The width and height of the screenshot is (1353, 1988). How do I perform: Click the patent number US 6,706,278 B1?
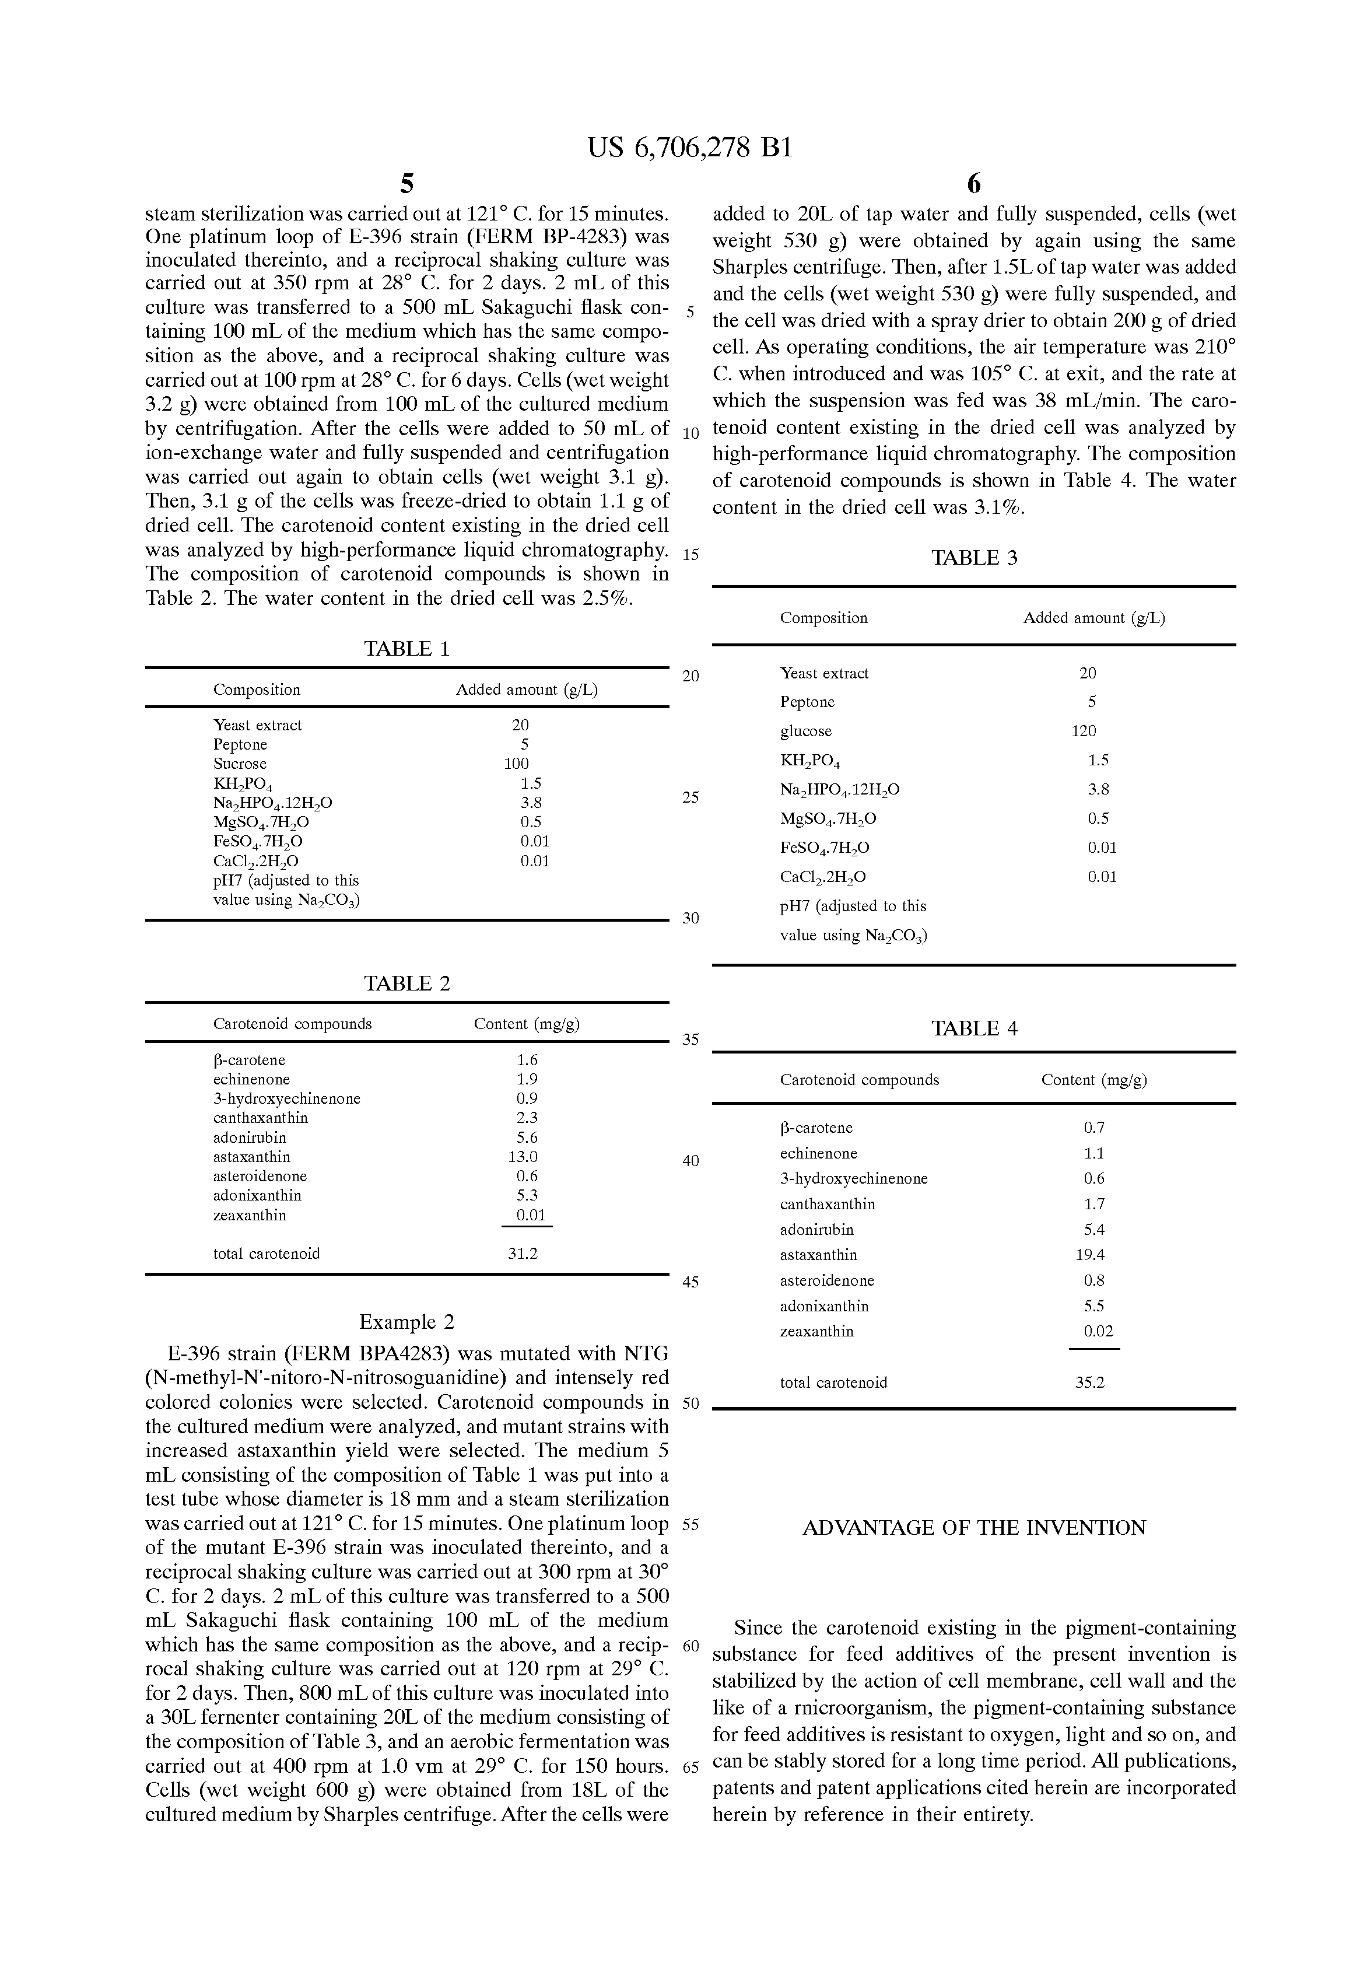click(x=689, y=148)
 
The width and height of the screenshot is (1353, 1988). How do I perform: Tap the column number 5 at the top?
click(x=407, y=183)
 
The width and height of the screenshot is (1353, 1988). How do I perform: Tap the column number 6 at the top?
click(x=973, y=183)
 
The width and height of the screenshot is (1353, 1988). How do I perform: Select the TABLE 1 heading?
click(x=407, y=649)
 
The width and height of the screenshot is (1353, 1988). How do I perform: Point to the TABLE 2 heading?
click(x=407, y=984)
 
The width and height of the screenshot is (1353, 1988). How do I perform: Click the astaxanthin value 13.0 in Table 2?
click(x=523, y=1157)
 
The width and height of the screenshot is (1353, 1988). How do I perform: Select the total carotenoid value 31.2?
click(x=523, y=1254)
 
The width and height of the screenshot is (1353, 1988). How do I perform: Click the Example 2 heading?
click(x=407, y=1322)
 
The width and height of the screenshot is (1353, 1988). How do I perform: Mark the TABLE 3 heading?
click(x=974, y=558)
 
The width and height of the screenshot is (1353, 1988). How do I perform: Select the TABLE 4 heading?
click(x=974, y=1028)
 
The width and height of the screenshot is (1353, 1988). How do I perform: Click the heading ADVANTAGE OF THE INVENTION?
click(x=974, y=1528)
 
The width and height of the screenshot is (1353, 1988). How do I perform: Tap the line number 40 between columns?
click(x=690, y=1161)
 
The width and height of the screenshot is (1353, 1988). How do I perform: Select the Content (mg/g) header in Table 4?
click(x=1094, y=1080)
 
